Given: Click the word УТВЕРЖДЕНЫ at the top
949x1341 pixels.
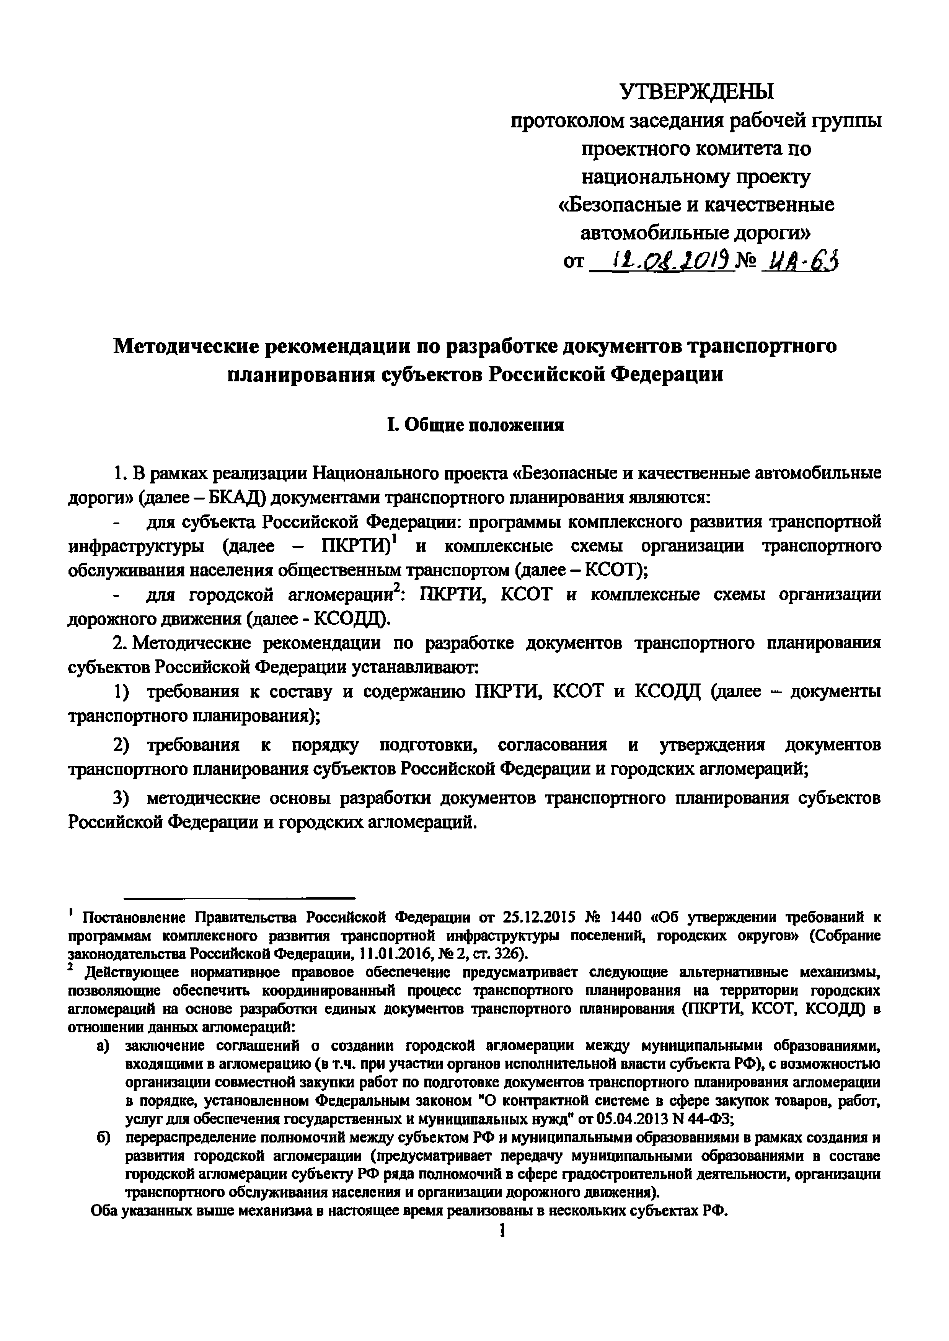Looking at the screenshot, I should [x=695, y=92].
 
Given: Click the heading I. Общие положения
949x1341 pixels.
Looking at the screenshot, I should [x=475, y=425].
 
